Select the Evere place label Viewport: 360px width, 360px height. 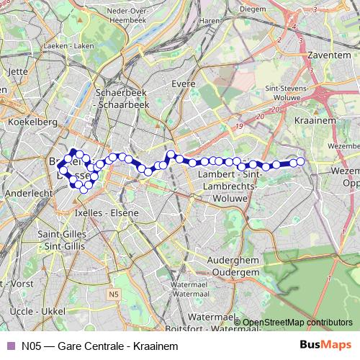pos(184,84)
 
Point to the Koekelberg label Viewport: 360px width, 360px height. pos(27,122)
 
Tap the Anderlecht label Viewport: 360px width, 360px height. pos(28,194)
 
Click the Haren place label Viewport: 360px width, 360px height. pos(208,21)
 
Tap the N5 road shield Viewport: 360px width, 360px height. pos(113,294)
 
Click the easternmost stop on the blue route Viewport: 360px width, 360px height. pos(301,161)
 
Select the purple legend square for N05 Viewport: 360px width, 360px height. pos(9,346)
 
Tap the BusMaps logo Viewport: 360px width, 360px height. pos(326,345)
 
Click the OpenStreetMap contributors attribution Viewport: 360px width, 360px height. pos(296,322)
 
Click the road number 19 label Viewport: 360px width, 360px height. pos(238,127)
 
